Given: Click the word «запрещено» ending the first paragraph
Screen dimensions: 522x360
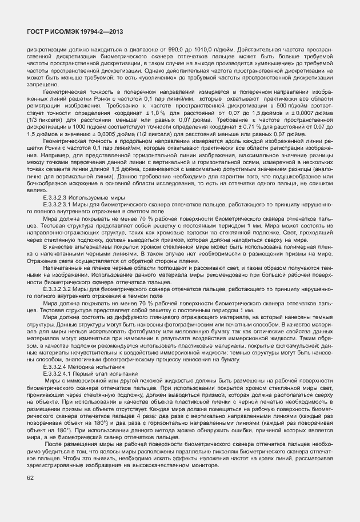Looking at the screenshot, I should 41,84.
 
